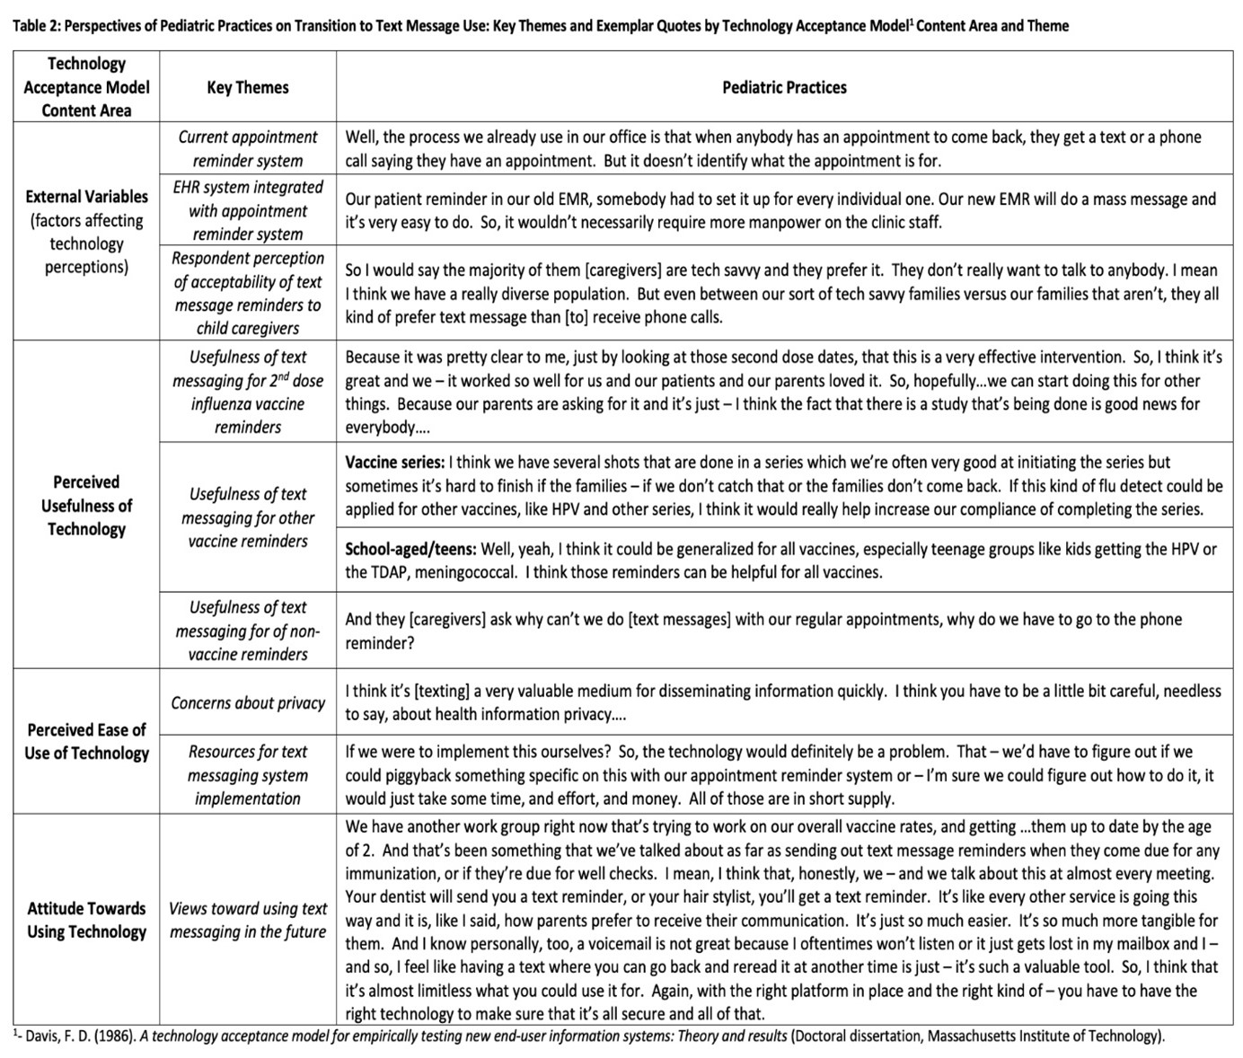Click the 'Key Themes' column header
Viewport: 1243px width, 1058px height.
click(248, 87)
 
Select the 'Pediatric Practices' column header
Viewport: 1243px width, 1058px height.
click(784, 87)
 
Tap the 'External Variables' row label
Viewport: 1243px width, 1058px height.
click(86, 197)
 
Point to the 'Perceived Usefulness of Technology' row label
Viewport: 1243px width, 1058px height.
click(86, 506)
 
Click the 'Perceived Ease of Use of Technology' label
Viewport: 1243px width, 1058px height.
click(86, 741)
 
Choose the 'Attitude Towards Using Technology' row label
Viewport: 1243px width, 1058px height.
click(86, 920)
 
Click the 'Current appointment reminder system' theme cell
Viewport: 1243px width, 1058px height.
click(248, 148)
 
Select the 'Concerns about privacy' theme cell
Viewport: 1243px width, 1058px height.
click(248, 703)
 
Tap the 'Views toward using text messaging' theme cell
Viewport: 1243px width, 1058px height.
click(248, 920)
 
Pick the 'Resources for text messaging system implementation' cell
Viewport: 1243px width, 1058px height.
click(248, 775)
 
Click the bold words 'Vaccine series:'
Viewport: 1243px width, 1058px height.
click(394, 463)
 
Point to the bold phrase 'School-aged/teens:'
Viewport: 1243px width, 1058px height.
click(410, 549)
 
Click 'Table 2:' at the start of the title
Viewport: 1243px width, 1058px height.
click(35, 25)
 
